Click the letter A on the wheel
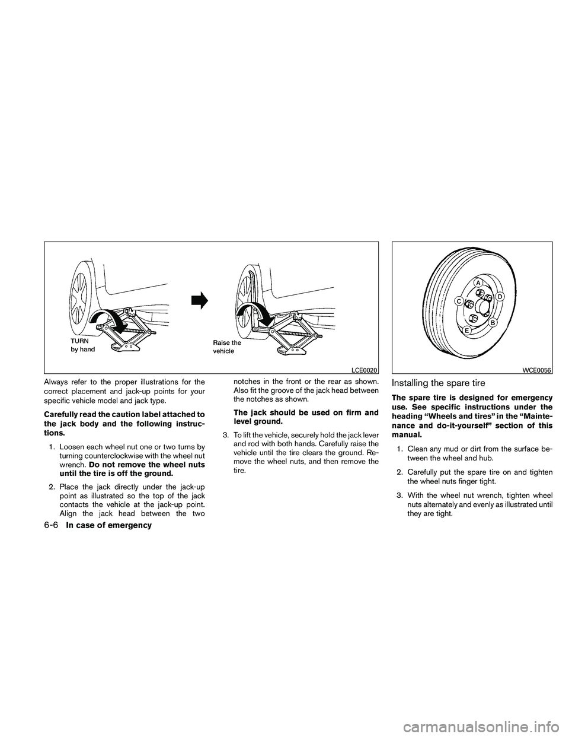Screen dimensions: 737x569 click(x=477, y=282)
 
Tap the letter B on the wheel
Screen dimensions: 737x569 click(x=491, y=322)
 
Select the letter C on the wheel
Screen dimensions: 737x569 click(x=458, y=301)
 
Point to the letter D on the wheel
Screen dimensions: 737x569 click(x=500, y=296)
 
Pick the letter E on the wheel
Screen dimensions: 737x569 click(x=467, y=330)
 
